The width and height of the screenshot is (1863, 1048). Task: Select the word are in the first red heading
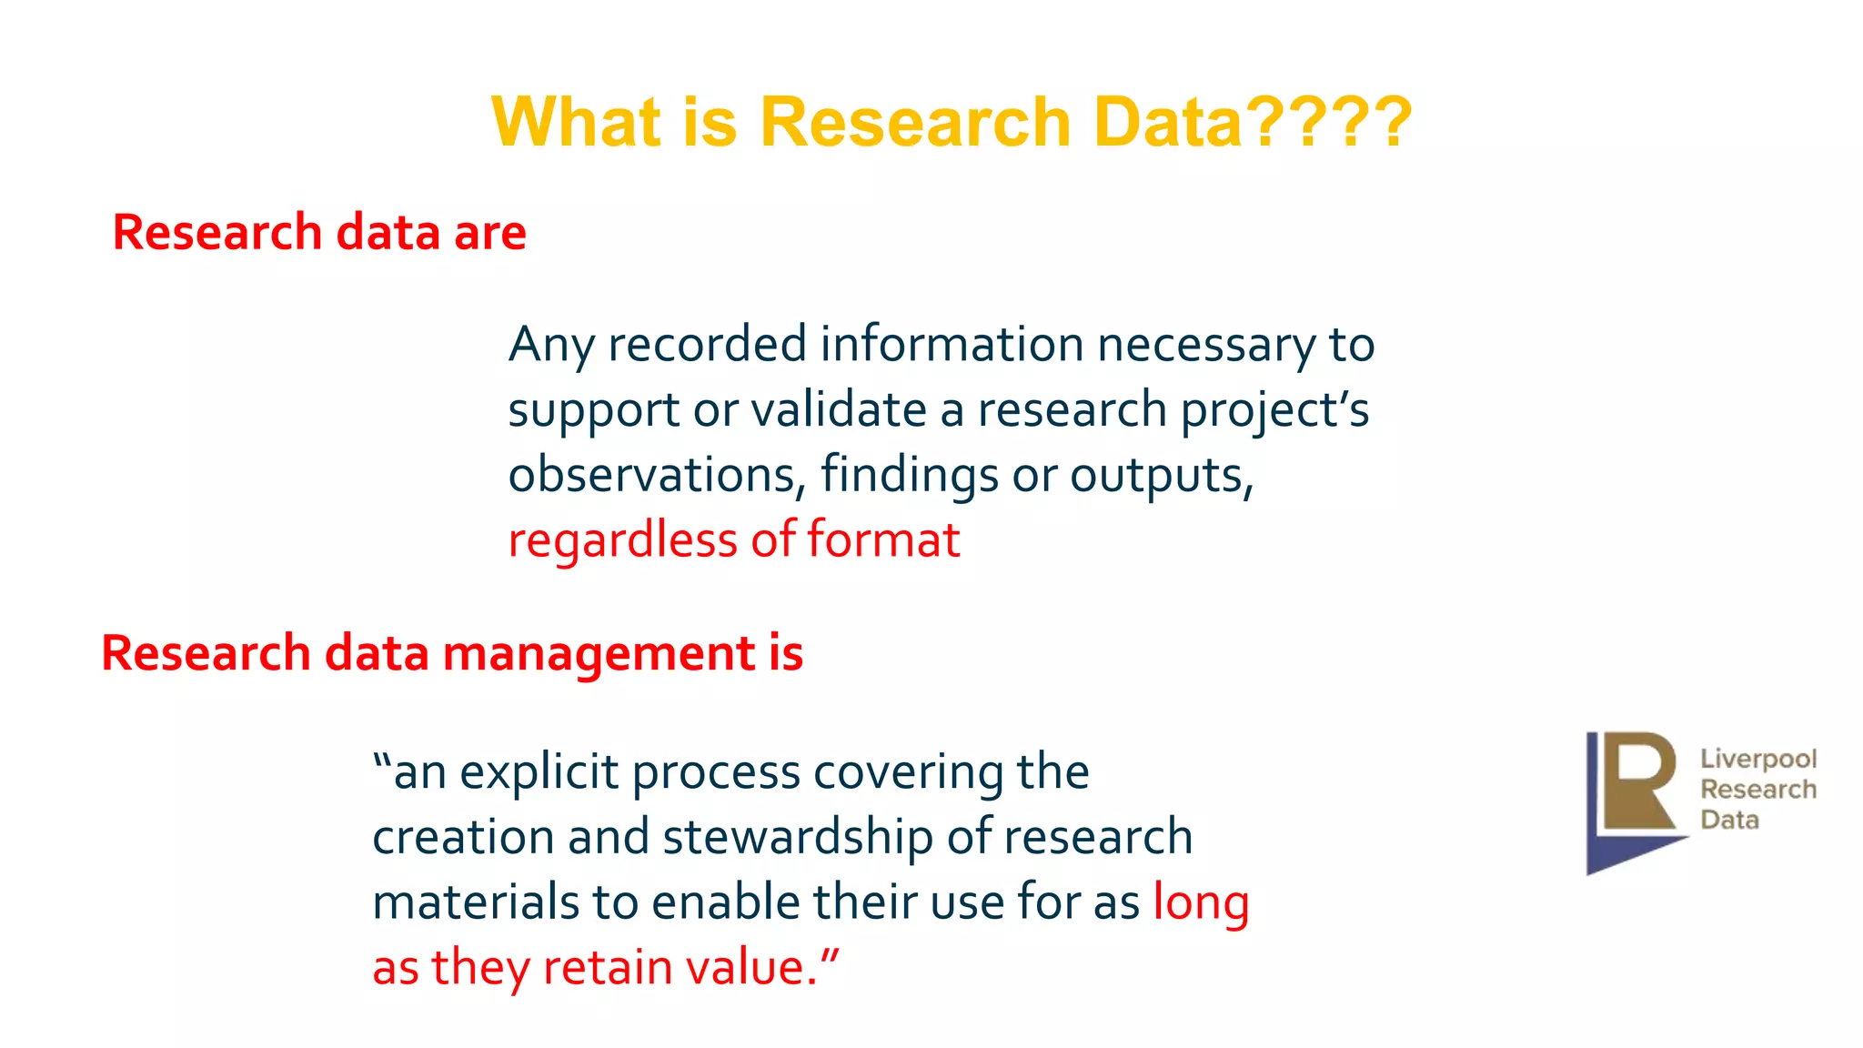(489, 232)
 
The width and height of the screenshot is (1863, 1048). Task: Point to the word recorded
(707, 344)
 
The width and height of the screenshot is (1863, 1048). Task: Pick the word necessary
(1205, 345)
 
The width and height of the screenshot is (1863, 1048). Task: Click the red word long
(1201, 903)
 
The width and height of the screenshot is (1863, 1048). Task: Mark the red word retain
(607, 966)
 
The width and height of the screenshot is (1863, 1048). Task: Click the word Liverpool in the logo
(1757, 758)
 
